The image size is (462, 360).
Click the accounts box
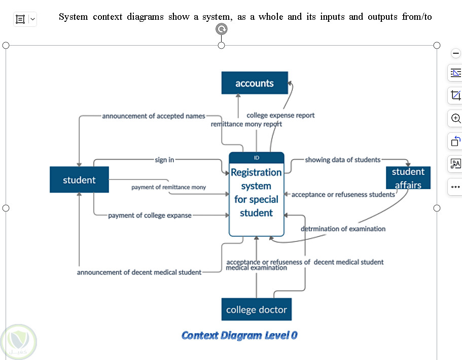(x=255, y=83)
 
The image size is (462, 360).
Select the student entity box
(x=79, y=180)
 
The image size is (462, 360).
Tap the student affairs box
(x=408, y=178)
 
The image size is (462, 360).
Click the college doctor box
(x=257, y=309)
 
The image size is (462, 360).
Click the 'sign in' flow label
(x=164, y=160)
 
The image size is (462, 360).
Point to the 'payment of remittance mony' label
(x=168, y=187)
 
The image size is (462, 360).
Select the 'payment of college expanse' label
(x=150, y=215)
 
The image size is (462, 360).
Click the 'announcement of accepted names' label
(x=154, y=116)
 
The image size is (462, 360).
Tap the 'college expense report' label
(x=280, y=115)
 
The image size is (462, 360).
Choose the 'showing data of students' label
(x=342, y=160)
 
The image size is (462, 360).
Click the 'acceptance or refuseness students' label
(x=343, y=194)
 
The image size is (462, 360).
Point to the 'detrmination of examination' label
(x=343, y=229)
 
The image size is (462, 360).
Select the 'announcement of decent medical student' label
(x=139, y=272)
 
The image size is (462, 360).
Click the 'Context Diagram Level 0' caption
(x=239, y=335)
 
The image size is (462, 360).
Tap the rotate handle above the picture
(x=222, y=29)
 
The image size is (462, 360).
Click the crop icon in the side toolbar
(x=455, y=95)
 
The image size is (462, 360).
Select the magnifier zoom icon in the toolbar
(x=455, y=118)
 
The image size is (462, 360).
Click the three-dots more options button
(x=455, y=187)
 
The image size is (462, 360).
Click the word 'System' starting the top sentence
(x=73, y=17)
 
